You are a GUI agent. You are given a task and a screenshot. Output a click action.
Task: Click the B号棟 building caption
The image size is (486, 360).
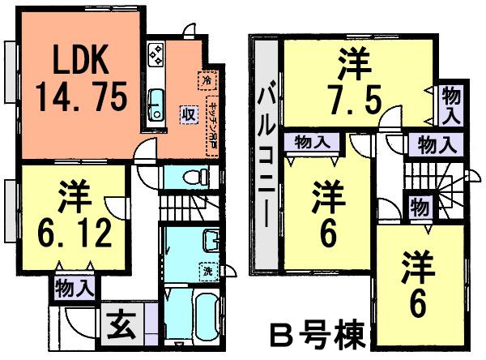point(315,333)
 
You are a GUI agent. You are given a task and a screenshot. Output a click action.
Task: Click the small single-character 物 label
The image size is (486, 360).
point(420,205)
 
